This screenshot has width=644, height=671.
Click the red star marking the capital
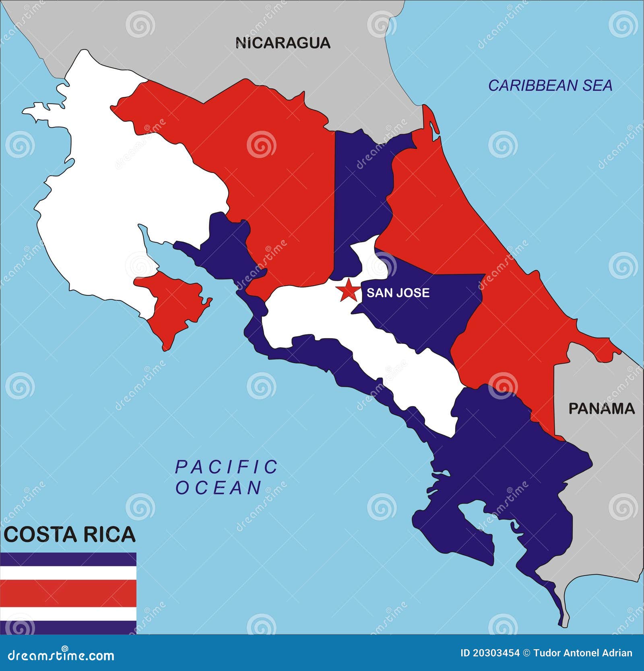(348, 290)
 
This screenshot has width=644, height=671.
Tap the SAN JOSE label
(398, 292)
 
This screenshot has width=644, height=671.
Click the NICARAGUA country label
(283, 43)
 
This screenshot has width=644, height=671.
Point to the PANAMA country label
(601, 409)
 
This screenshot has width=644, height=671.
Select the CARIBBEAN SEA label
(550, 85)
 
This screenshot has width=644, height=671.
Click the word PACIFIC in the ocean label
(226, 467)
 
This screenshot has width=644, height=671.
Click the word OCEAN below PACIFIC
(219, 488)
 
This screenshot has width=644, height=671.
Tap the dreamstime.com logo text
(61, 655)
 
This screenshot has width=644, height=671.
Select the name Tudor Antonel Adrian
(583, 653)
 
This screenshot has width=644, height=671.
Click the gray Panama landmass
(600, 483)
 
